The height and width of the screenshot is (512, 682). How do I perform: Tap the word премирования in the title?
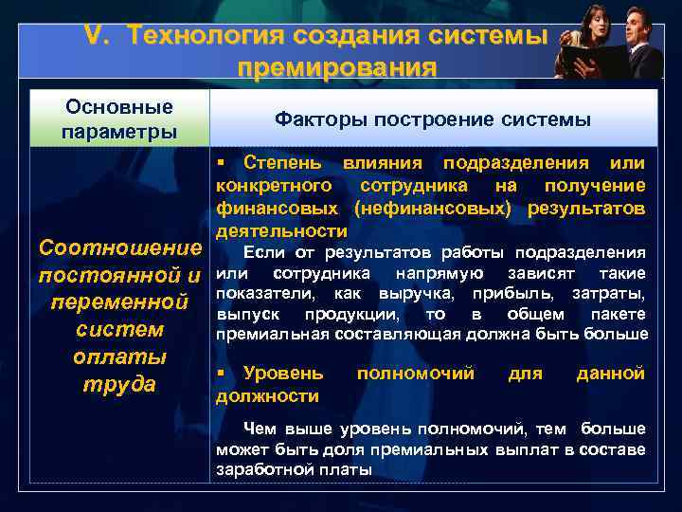pyautogui.click(x=337, y=68)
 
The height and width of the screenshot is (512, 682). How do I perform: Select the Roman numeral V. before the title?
pyautogui.click(x=98, y=36)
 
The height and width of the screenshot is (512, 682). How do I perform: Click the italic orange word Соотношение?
pyautogui.click(x=118, y=249)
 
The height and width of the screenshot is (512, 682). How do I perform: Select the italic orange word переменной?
pyautogui.click(x=118, y=303)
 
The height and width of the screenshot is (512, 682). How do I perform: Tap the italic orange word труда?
pyautogui.click(x=118, y=385)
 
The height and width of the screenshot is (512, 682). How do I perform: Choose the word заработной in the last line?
pyautogui.click(x=266, y=469)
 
